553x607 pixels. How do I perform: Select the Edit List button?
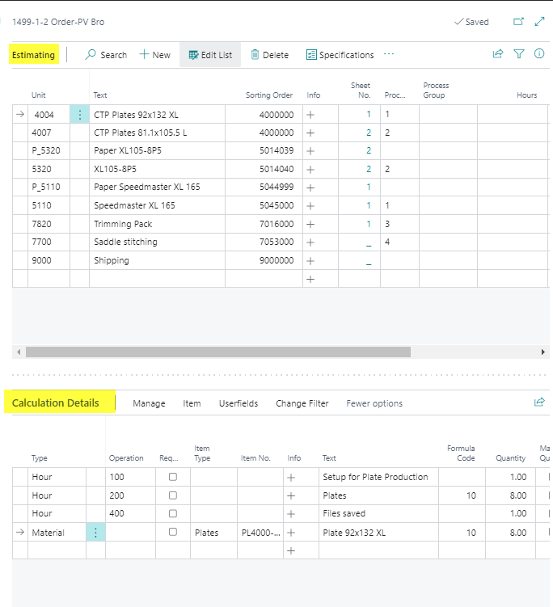(210, 55)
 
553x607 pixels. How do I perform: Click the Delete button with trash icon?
(269, 55)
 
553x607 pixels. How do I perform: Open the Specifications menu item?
(340, 55)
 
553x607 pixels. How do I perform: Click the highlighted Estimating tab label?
(34, 55)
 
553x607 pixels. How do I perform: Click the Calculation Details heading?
(56, 403)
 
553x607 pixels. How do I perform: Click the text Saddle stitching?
(125, 242)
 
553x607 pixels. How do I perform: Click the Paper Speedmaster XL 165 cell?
(146, 187)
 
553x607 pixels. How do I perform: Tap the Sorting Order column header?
(269, 95)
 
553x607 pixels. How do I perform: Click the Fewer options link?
(374, 403)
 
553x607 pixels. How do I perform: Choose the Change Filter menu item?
(302, 403)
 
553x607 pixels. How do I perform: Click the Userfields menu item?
(239, 403)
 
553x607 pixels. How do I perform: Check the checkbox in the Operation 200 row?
(172, 495)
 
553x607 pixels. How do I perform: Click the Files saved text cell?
(344, 514)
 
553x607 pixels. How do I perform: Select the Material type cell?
(49, 533)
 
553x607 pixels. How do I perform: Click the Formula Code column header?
(461, 453)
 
